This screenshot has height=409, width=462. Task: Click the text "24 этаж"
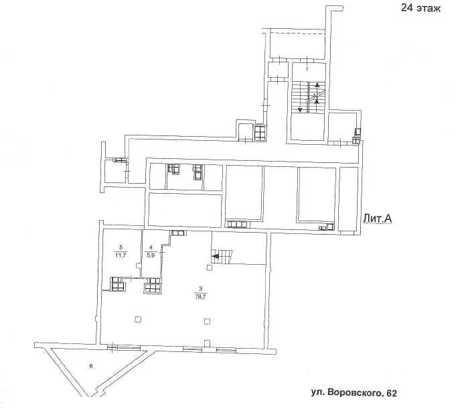coord(420,9)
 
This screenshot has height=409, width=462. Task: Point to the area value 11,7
coord(121,255)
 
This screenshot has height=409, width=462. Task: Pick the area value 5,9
coord(151,255)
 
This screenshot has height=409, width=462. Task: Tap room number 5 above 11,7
coord(121,247)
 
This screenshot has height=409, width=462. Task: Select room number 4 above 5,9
coord(151,247)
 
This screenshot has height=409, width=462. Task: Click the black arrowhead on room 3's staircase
coord(216,255)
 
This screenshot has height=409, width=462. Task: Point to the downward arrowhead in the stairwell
coord(300,109)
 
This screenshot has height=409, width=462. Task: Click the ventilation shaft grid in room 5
coord(118,284)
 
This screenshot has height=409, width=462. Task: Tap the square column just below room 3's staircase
coord(210,268)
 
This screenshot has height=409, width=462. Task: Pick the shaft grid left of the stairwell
coord(260,133)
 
